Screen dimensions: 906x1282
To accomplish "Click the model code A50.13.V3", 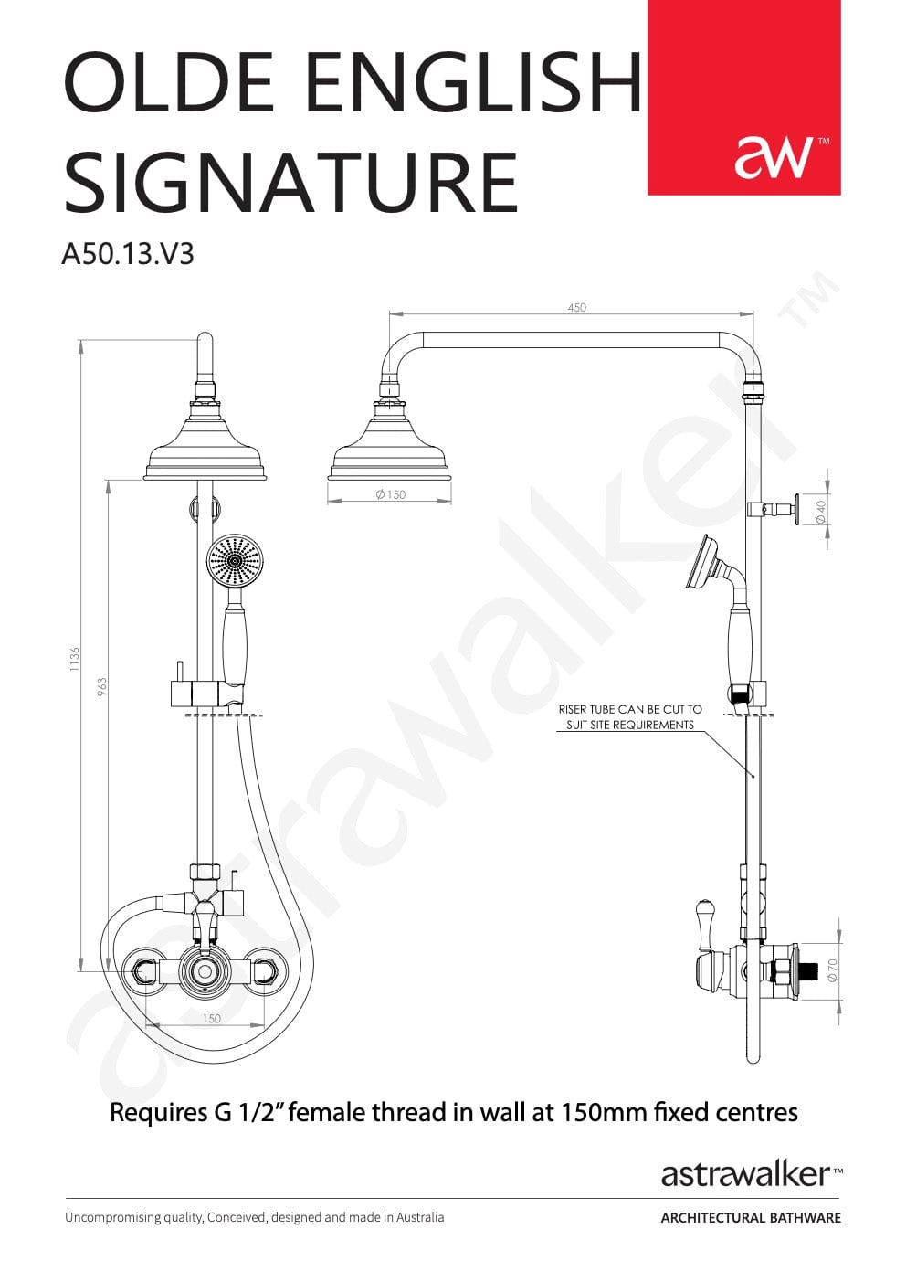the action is [128, 253].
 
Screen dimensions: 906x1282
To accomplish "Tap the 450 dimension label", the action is [576, 307].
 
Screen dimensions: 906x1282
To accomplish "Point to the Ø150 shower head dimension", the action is [391, 494].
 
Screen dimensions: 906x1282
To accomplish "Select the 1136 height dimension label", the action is [74, 659].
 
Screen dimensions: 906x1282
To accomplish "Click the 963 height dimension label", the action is [101, 688].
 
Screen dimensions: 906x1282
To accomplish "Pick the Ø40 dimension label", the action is [821, 512].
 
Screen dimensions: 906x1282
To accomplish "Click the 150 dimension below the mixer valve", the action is [211, 1018].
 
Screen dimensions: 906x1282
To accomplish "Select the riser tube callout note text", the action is [630, 717].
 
